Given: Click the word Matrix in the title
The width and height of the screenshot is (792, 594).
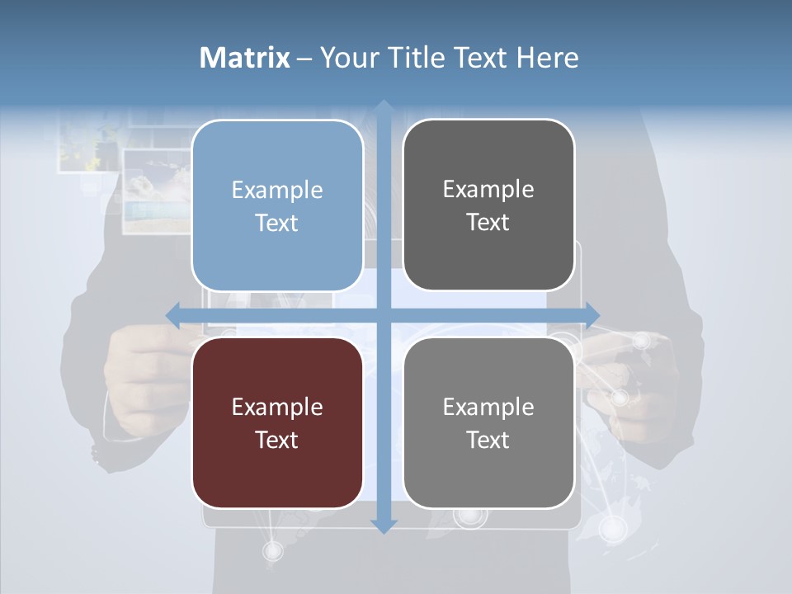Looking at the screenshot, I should (245, 58).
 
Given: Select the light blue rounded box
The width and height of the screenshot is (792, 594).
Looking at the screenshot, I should (277, 205).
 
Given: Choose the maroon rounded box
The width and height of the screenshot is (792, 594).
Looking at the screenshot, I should (277, 422).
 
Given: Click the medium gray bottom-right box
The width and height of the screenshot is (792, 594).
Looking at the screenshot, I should (488, 422).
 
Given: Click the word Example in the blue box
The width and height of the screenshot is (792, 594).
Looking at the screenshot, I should (277, 191).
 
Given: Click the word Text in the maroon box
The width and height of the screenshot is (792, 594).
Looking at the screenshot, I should (277, 440).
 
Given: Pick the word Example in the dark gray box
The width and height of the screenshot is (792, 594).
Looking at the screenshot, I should (488, 190).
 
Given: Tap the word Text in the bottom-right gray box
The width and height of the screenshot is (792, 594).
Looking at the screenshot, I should (488, 440).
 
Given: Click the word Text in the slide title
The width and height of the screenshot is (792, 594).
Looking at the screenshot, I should (482, 58).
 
